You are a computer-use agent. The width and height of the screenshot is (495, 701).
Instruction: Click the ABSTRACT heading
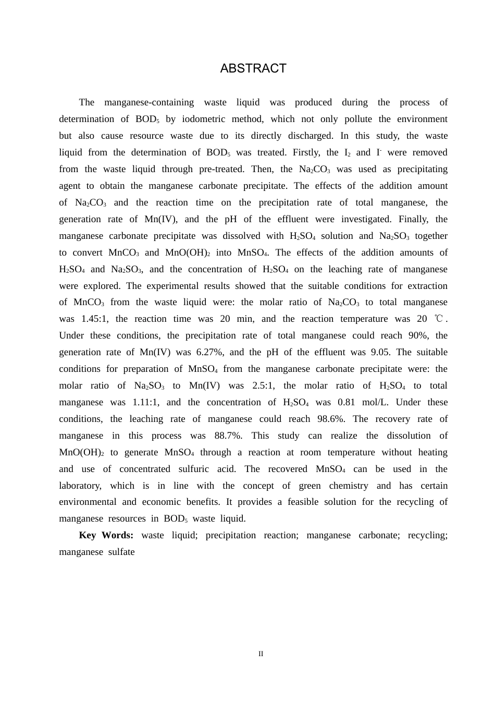click(253, 69)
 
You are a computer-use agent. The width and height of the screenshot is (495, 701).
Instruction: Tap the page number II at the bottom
click(261, 654)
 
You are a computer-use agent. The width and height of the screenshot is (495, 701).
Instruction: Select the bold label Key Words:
click(106, 535)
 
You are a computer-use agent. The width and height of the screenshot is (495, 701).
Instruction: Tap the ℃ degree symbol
click(438, 319)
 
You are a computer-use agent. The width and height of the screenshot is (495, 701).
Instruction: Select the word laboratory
click(80, 486)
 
